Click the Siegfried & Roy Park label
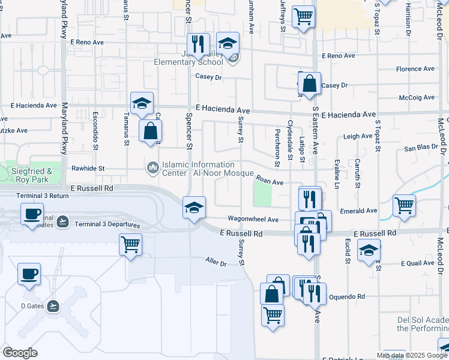(x=31, y=175)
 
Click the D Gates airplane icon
(x=54, y=306)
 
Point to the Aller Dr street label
(x=215, y=262)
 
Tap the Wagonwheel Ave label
(x=253, y=220)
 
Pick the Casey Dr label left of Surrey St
(x=209, y=77)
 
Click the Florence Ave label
(x=415, y=69)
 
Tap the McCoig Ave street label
(x=417, y=97)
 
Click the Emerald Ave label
(x=358, y=211)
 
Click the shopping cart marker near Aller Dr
(x=130, y=245)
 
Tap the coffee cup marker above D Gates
(x=29, y=274)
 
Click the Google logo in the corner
(x=20, y=352)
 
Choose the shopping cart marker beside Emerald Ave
(x=404, y=205)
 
